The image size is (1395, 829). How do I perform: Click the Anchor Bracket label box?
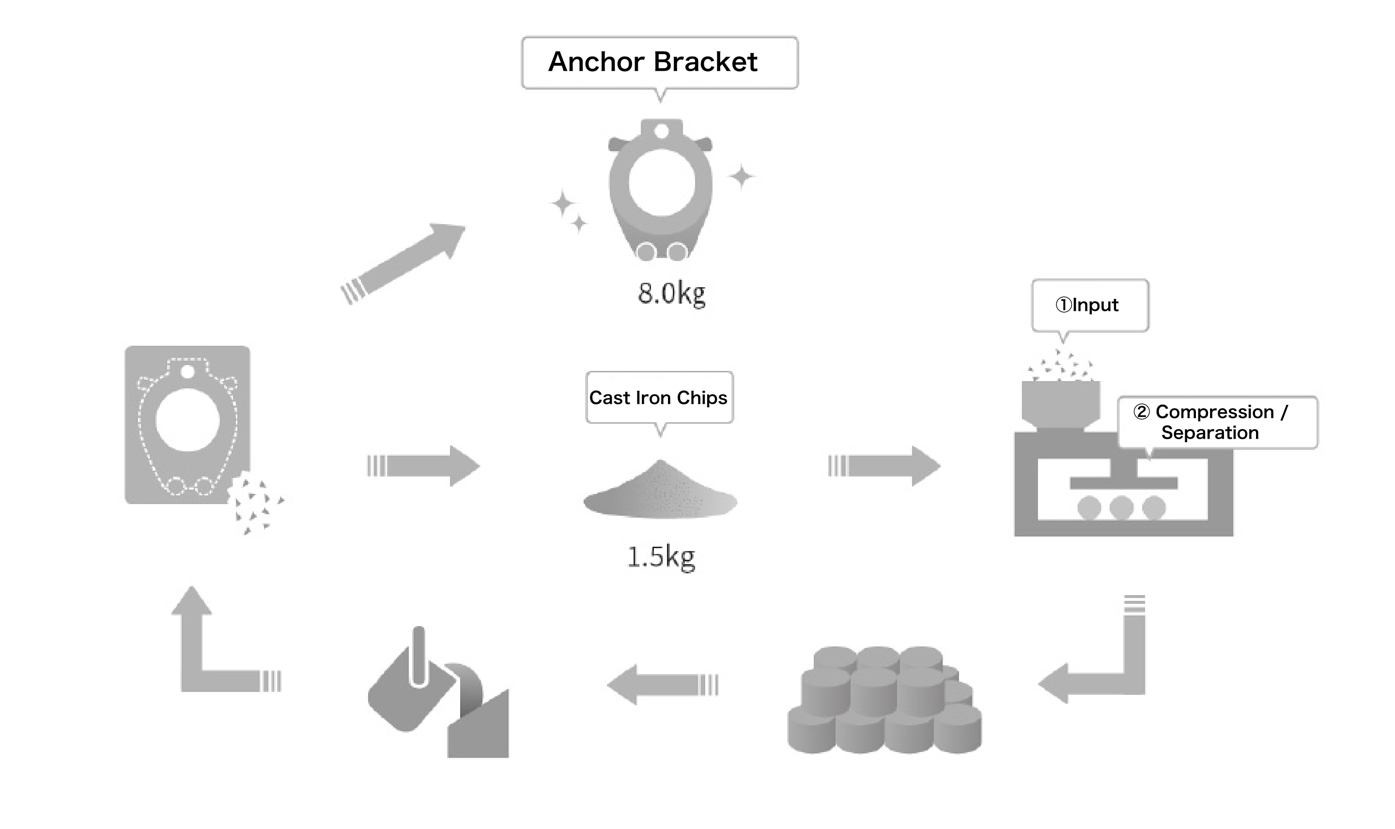coord(659,62)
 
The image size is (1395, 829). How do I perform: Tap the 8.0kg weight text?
coord(671,293)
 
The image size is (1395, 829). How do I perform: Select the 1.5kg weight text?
coord(661,556)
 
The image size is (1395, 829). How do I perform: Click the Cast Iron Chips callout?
coord(659,397)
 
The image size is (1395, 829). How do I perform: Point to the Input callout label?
coord(1089,305)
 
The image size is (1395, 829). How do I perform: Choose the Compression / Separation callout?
coord(1217,422)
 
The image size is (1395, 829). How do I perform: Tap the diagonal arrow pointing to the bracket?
coord(407,261)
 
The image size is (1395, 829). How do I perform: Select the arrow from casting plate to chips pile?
coord(425,465)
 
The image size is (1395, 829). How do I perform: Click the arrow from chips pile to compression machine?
coord(885,465)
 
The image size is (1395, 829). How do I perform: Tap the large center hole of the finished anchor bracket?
coord(662,183)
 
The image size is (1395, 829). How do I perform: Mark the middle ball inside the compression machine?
coord(1121,508)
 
